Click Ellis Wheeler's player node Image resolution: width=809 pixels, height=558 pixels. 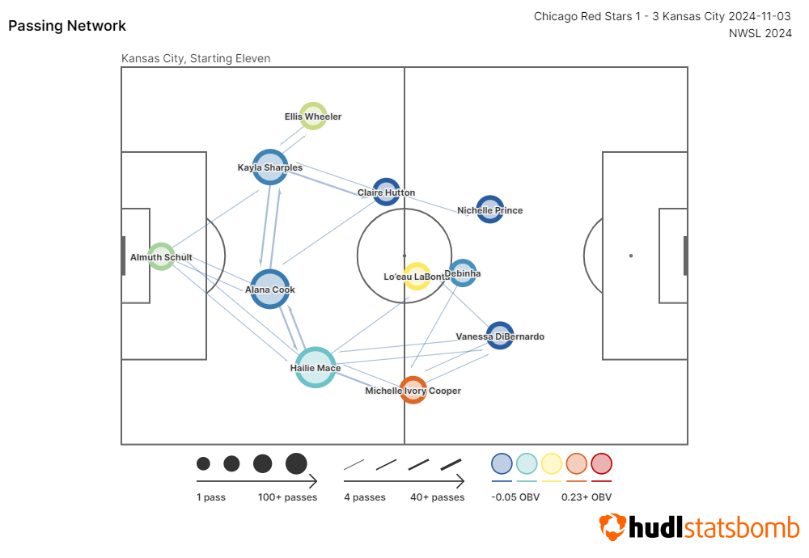312,116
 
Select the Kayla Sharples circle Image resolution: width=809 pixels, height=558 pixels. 269,167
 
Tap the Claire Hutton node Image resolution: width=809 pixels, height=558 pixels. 387,192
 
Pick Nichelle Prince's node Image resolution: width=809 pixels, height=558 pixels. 489,209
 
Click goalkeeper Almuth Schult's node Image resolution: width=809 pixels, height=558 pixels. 161,256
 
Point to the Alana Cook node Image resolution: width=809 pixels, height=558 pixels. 270,289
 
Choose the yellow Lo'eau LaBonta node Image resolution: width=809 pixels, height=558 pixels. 417,276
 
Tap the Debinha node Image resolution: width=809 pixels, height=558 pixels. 462,273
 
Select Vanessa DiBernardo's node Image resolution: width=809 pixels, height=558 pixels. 500,336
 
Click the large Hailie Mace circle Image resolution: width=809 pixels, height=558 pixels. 316,368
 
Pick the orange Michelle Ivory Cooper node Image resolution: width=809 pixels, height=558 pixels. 413,390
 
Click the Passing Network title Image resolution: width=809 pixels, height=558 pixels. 67,26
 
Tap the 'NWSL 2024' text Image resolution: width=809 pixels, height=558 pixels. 760,33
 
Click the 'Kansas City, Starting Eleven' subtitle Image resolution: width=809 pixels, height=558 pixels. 196,58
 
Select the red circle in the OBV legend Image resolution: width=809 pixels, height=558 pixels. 601,463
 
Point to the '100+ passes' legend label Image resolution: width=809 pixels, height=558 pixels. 287,497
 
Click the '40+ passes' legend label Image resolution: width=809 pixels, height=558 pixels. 437,497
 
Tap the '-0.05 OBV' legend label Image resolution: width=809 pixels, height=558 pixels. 515,497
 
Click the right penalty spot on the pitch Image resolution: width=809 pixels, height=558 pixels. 631,256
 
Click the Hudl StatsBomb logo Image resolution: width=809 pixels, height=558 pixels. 700,528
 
